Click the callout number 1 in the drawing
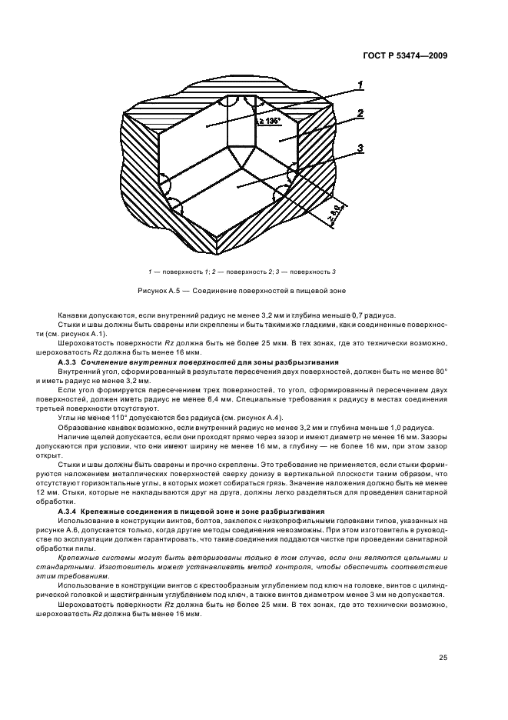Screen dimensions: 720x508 point(360,85)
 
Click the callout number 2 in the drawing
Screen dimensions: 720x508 point(360,114)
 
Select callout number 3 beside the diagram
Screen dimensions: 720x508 point(360,147)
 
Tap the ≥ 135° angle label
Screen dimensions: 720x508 point(268,122)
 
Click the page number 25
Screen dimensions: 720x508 point(443,657)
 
